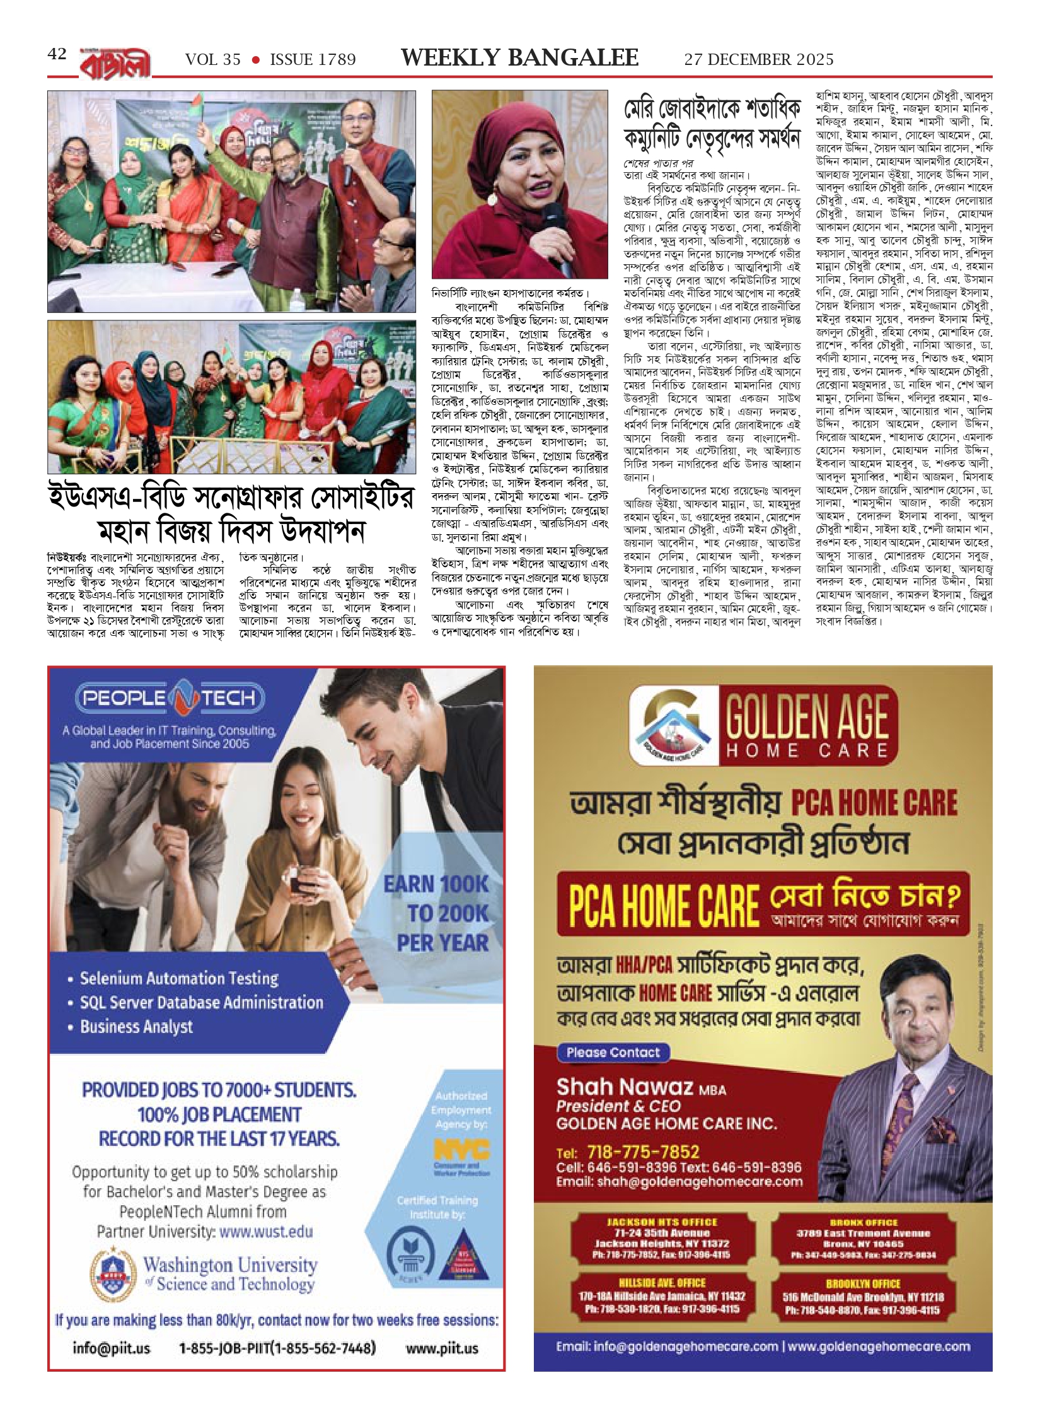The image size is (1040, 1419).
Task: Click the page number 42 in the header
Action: coord(57,54)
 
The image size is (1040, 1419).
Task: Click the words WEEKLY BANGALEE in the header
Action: coord(519,58)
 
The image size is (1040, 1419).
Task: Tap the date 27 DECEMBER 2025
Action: coord(759,60)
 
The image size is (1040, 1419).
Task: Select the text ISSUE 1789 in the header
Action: coord(313,60)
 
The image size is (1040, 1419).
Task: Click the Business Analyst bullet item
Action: coord(136,1026)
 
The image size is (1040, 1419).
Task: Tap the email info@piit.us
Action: coord(112,1348)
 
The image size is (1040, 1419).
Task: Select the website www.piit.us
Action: coord(442,1348)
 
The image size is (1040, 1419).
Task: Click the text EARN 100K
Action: coord(436,884)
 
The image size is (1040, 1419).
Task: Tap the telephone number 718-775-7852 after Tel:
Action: coord(643,1152)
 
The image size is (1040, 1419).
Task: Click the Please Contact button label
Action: coord(613,1053)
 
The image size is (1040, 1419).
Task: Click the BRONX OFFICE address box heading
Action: coord(863,1222)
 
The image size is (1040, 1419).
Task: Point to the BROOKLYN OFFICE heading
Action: coord(863,1283)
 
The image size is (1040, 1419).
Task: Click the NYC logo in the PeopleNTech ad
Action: coord(461,1149)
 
